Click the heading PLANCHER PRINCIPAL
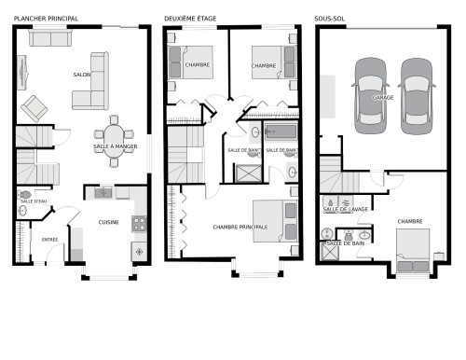pyautogui.click(x=46, y=18)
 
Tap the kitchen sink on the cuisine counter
pyautogui.click(x=103, y=193)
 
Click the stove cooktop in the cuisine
pyautogui.click(x=139, y=224)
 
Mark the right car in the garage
pyautogui.click(x=417, y=90)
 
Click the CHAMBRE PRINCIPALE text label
pyautogui.click(x=240, y=227)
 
